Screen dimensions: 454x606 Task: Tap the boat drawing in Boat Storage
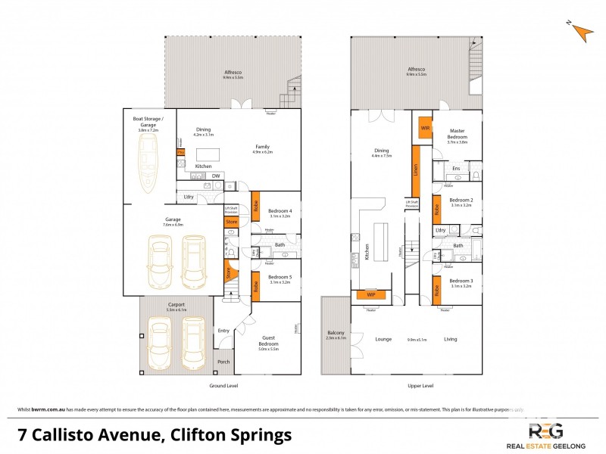pos(148,160)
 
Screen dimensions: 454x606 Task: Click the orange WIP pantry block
pos(371,294)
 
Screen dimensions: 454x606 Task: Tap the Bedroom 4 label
pos(280,211)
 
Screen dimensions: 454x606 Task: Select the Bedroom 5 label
pos(280,276)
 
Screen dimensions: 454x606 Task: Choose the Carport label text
pos(176,304)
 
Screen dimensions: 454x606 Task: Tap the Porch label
pos(223,362)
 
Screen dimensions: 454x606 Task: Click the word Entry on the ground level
pos(223,330)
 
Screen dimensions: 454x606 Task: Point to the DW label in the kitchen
pos(216,176)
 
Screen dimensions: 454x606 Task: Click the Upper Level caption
pos(421,386)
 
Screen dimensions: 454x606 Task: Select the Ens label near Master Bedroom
pos(456,168)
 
